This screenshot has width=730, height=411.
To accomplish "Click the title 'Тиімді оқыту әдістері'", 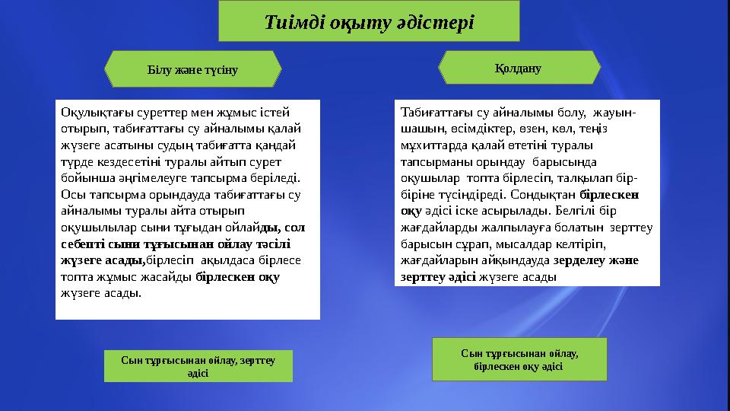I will [369, 21].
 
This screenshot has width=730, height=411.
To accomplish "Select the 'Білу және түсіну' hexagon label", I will [192, 70].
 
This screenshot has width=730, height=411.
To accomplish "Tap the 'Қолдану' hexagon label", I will [519, 68].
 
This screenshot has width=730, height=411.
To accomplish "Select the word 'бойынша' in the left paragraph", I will [82, 181].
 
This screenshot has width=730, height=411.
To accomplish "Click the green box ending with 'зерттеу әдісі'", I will [198, 365].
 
